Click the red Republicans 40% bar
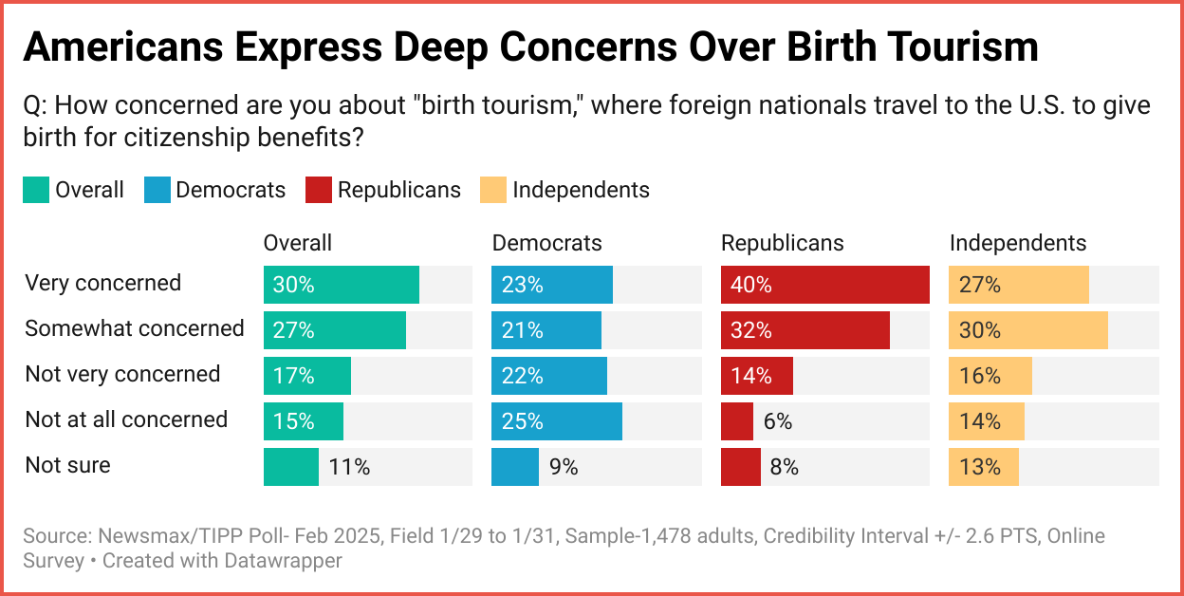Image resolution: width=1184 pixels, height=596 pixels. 824,285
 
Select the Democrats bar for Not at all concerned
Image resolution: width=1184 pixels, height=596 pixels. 556,421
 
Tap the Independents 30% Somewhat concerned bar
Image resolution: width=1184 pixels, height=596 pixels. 1027,330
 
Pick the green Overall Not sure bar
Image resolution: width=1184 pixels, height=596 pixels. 291,467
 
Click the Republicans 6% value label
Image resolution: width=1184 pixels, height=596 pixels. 778,421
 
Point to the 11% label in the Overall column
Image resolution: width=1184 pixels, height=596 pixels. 349,467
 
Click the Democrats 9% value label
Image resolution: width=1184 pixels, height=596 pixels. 564,467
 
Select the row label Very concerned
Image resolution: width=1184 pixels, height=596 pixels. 102,283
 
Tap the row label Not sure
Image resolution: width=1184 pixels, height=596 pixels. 67,465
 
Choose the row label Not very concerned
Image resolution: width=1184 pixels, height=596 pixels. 122,374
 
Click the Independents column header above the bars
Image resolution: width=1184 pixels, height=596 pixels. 1018,243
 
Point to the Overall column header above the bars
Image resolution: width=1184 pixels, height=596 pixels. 298,243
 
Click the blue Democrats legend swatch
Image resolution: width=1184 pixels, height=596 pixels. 157,190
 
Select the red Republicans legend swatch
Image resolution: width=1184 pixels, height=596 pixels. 318,190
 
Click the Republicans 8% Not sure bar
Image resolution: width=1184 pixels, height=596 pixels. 740,467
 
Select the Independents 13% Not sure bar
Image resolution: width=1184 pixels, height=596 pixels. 983,467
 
